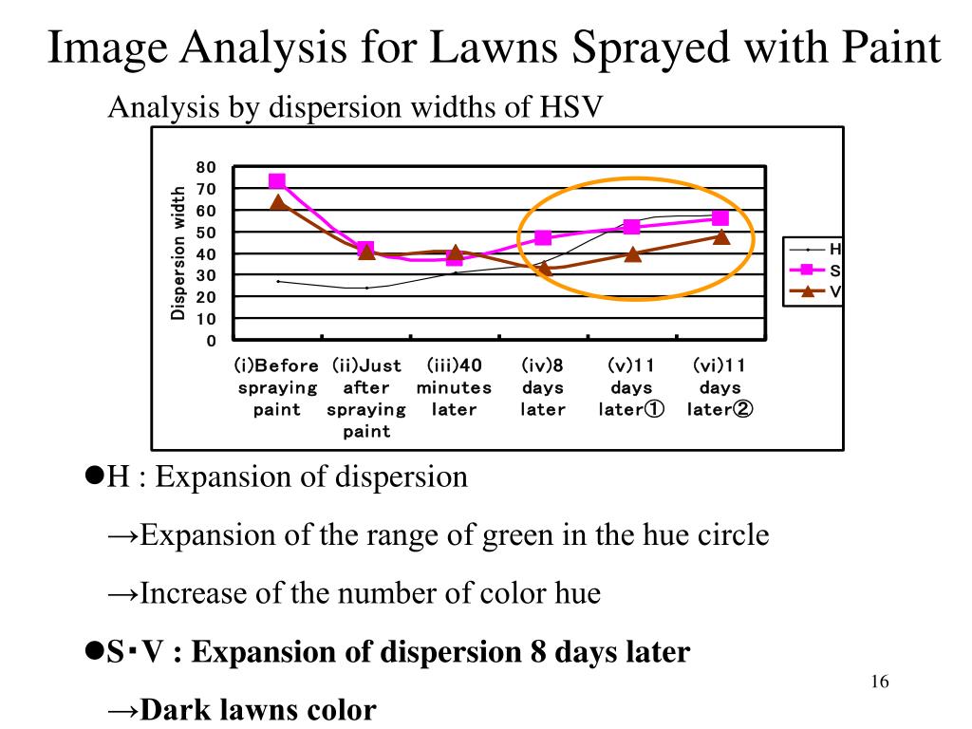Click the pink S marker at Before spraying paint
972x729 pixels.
coord(277,181)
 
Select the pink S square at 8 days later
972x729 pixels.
coord(543,237)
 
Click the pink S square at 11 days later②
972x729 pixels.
coord(720,218)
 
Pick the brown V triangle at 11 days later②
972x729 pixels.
coord(720,236)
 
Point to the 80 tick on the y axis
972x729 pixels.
coord(206,167)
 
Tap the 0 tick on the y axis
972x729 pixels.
coord(211,340)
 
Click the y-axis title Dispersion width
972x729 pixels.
coord(178,253)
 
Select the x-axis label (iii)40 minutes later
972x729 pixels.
coord(454,387)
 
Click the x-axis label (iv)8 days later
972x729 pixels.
coord(543,387)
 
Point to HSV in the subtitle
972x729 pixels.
coord(570,106)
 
